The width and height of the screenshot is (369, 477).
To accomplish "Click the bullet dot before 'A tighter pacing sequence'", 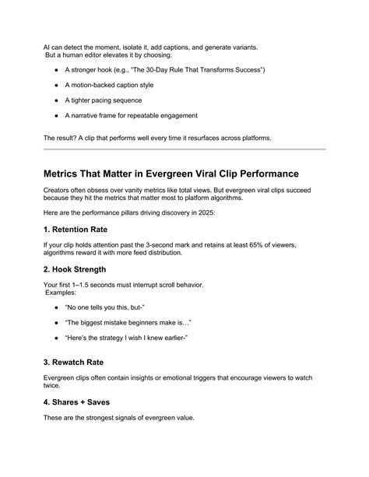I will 58,100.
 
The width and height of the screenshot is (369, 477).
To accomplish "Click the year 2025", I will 218,212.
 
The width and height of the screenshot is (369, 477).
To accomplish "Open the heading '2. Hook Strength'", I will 79,271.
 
